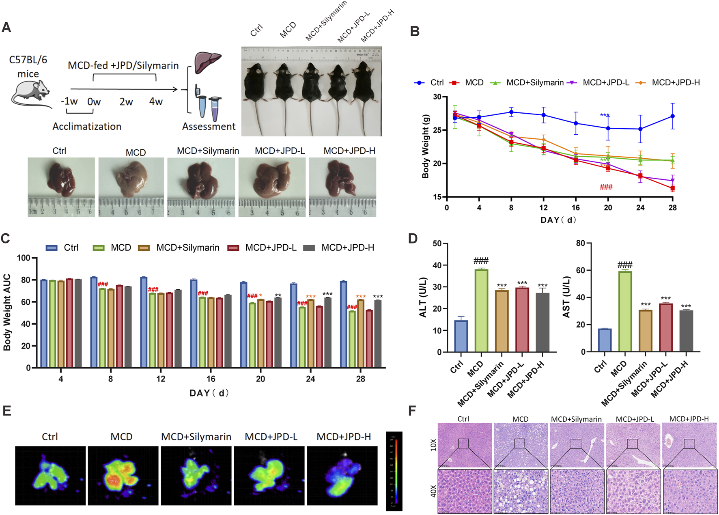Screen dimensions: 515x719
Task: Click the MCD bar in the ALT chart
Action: (481, 310)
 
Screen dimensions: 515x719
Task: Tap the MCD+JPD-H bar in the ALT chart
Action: (542, 322)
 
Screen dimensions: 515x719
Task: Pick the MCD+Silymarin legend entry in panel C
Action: (179, 248)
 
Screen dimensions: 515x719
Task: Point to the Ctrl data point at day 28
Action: (672, 116)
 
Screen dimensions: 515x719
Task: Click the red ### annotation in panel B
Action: (606, 187)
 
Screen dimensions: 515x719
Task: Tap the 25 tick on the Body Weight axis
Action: (437, 130)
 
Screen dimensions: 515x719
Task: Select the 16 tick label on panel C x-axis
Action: (211, 379)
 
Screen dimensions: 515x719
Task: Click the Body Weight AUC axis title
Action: (7, 312)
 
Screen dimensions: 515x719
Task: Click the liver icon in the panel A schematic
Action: (207, 62)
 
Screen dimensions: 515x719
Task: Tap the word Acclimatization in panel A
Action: (87, 127)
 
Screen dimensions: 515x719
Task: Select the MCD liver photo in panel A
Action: (131, 187)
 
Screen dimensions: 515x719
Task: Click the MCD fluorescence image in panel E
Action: (123, 475)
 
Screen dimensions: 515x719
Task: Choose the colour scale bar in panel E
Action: (394, 471)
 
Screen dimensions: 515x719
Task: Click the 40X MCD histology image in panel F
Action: (521, 491)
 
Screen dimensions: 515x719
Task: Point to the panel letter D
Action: (413, 239)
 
